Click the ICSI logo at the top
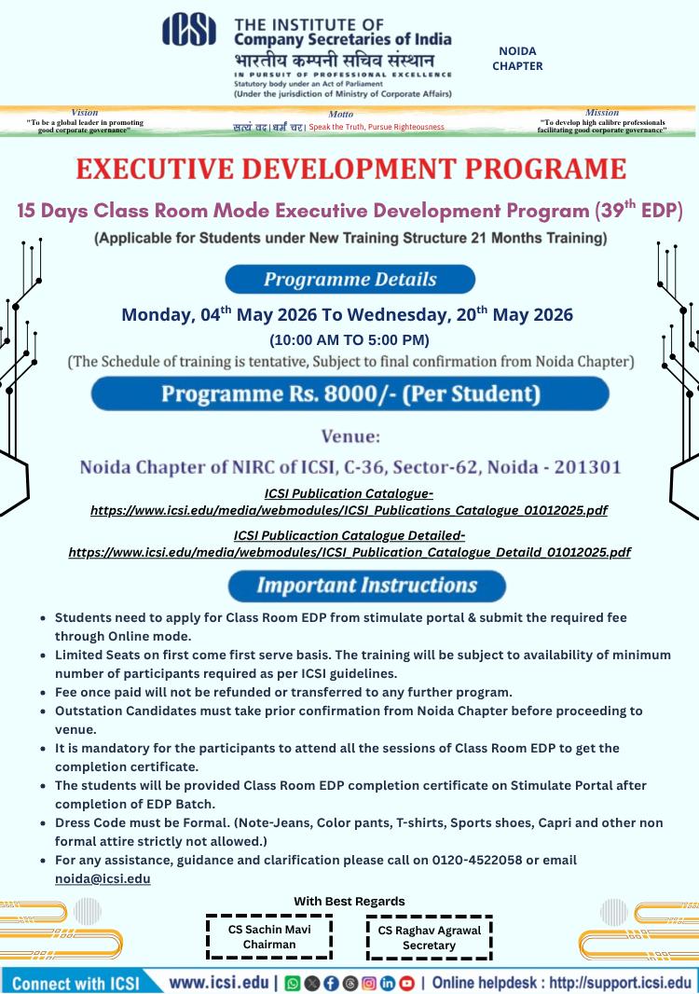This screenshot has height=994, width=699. click(x=189, y=30)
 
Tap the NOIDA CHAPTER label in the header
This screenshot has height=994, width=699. click(x=517, y=59)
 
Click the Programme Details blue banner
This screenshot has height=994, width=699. click(x=349, y=279)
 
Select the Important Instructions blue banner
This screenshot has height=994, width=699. click(x=366, y=586)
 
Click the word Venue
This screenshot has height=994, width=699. click(x=350, y=435)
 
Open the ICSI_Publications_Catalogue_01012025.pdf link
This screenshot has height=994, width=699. click(x=349, y=510)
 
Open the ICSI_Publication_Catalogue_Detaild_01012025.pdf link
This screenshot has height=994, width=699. click(x=349, y=552)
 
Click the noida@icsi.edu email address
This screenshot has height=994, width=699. click(x=103, y=878)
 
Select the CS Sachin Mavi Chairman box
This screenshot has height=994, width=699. click(x=269, y=936)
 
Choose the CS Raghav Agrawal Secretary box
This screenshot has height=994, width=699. click(x=429, y=937)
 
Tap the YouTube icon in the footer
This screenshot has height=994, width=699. click(x=406, y=983)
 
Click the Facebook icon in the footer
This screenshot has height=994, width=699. click(x=331, y=983)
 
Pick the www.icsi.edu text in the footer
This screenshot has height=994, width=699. click(x=218, y=982)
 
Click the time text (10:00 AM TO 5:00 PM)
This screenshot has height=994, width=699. click(x=349, y=339)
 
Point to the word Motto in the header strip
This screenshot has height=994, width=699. click(x=340, y=114)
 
